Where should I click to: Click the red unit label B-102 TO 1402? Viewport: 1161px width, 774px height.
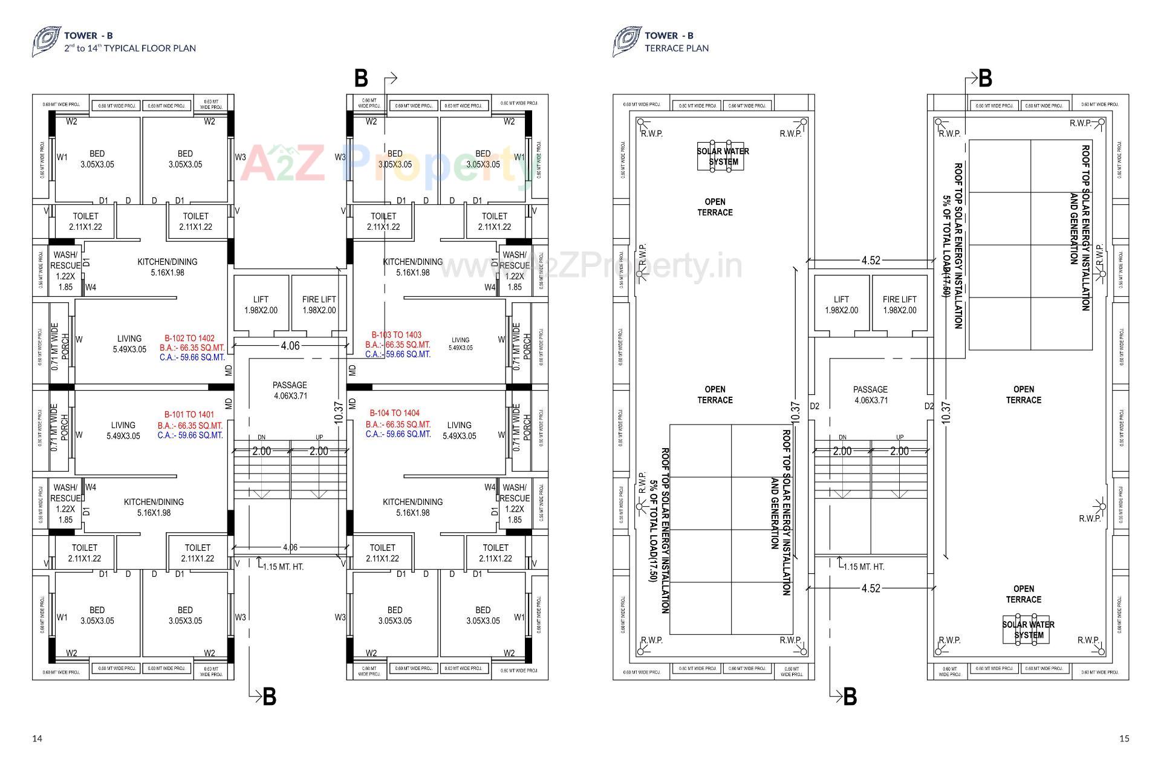pos(189,339)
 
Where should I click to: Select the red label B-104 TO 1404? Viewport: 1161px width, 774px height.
pos(394,413)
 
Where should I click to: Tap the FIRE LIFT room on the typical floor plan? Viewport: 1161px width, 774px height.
pos(319,305)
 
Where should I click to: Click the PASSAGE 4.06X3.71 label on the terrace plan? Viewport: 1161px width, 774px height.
pos(870,395)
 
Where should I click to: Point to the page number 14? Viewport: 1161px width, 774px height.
pos(37,738)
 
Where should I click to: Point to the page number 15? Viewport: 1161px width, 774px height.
pos(1124,738)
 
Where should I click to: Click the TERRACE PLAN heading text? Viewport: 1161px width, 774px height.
pos(676,48)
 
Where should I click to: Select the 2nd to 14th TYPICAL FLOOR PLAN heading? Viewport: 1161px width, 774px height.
pos(130,48)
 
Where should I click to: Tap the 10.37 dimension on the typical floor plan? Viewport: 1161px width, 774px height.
pos(339,412)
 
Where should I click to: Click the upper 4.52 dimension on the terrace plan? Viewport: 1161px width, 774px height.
pos(871,261)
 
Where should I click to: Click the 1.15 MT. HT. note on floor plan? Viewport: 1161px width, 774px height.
pos(282,567)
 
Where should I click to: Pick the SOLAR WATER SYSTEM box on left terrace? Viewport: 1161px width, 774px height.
pos(723,157)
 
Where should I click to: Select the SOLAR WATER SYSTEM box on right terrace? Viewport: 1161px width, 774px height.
pos(1028,629)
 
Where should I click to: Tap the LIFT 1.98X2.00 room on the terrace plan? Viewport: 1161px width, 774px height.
pos(841,305)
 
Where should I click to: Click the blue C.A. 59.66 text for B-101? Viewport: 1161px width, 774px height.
pos(190,435)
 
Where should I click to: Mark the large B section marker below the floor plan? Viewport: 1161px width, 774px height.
pos(269,697)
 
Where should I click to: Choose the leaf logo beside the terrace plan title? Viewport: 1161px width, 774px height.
pos(626,42)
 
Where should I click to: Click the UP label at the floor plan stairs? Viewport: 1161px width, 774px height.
pos(319,437)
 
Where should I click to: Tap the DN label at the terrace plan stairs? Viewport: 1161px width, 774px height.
pos(842,437)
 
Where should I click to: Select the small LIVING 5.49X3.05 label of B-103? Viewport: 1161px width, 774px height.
pos(460,343)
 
